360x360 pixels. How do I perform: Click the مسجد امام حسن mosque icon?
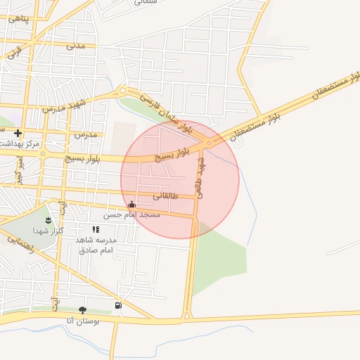point(131,205)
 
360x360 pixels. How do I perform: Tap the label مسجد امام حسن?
point(132,214)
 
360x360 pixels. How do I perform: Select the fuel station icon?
point(117,305)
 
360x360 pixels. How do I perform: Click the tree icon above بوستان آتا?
point(82,310)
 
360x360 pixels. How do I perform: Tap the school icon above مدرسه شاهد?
point(96,229)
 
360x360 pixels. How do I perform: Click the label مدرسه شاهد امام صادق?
point(96,245)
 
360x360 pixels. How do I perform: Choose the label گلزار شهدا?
point(49,231)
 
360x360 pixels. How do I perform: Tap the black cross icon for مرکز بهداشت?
point(18,133)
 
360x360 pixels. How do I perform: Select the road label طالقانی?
point(165,195)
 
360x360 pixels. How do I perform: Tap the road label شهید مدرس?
point(63,106)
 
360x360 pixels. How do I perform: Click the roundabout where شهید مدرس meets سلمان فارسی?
point(123,91)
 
